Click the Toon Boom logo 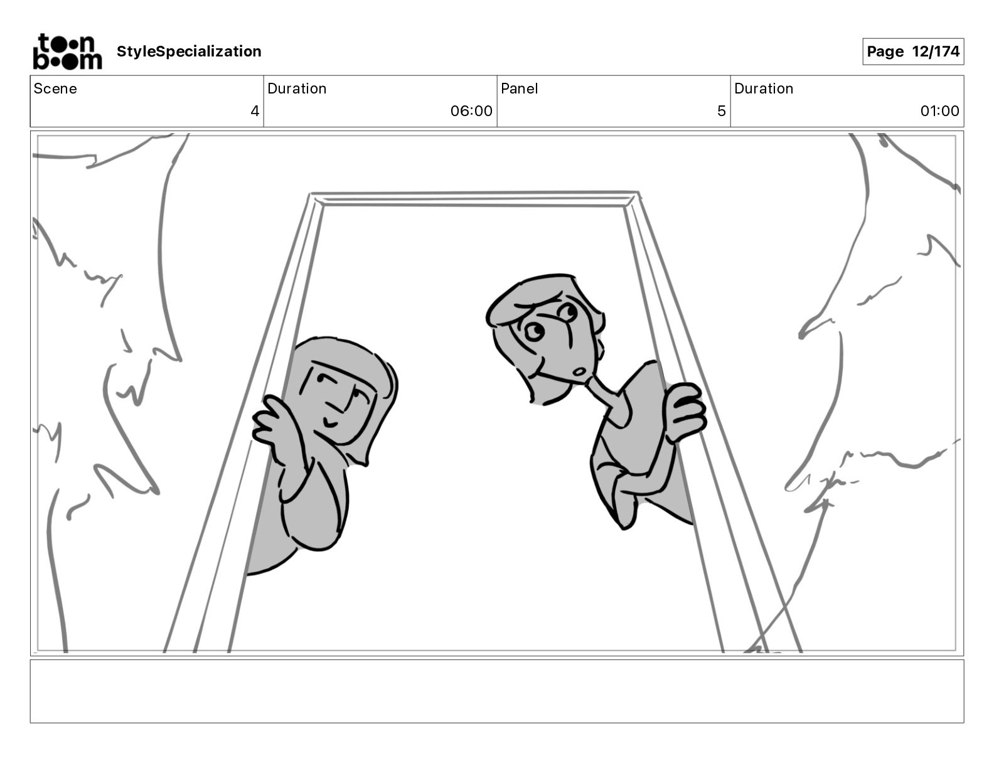[x=67, y=51]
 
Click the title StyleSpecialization [x=189, y=51]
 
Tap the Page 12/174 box [x=913, y=51]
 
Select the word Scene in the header [x=55, y=88]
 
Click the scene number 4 [x=255, y=110]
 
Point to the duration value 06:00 [x=471, y=110]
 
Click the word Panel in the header [x=519, y=88]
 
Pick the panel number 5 [x=722, y=110]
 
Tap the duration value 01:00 [x=939, y=110]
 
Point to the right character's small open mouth [x=579, y=371]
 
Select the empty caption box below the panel [x=497, y=691]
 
